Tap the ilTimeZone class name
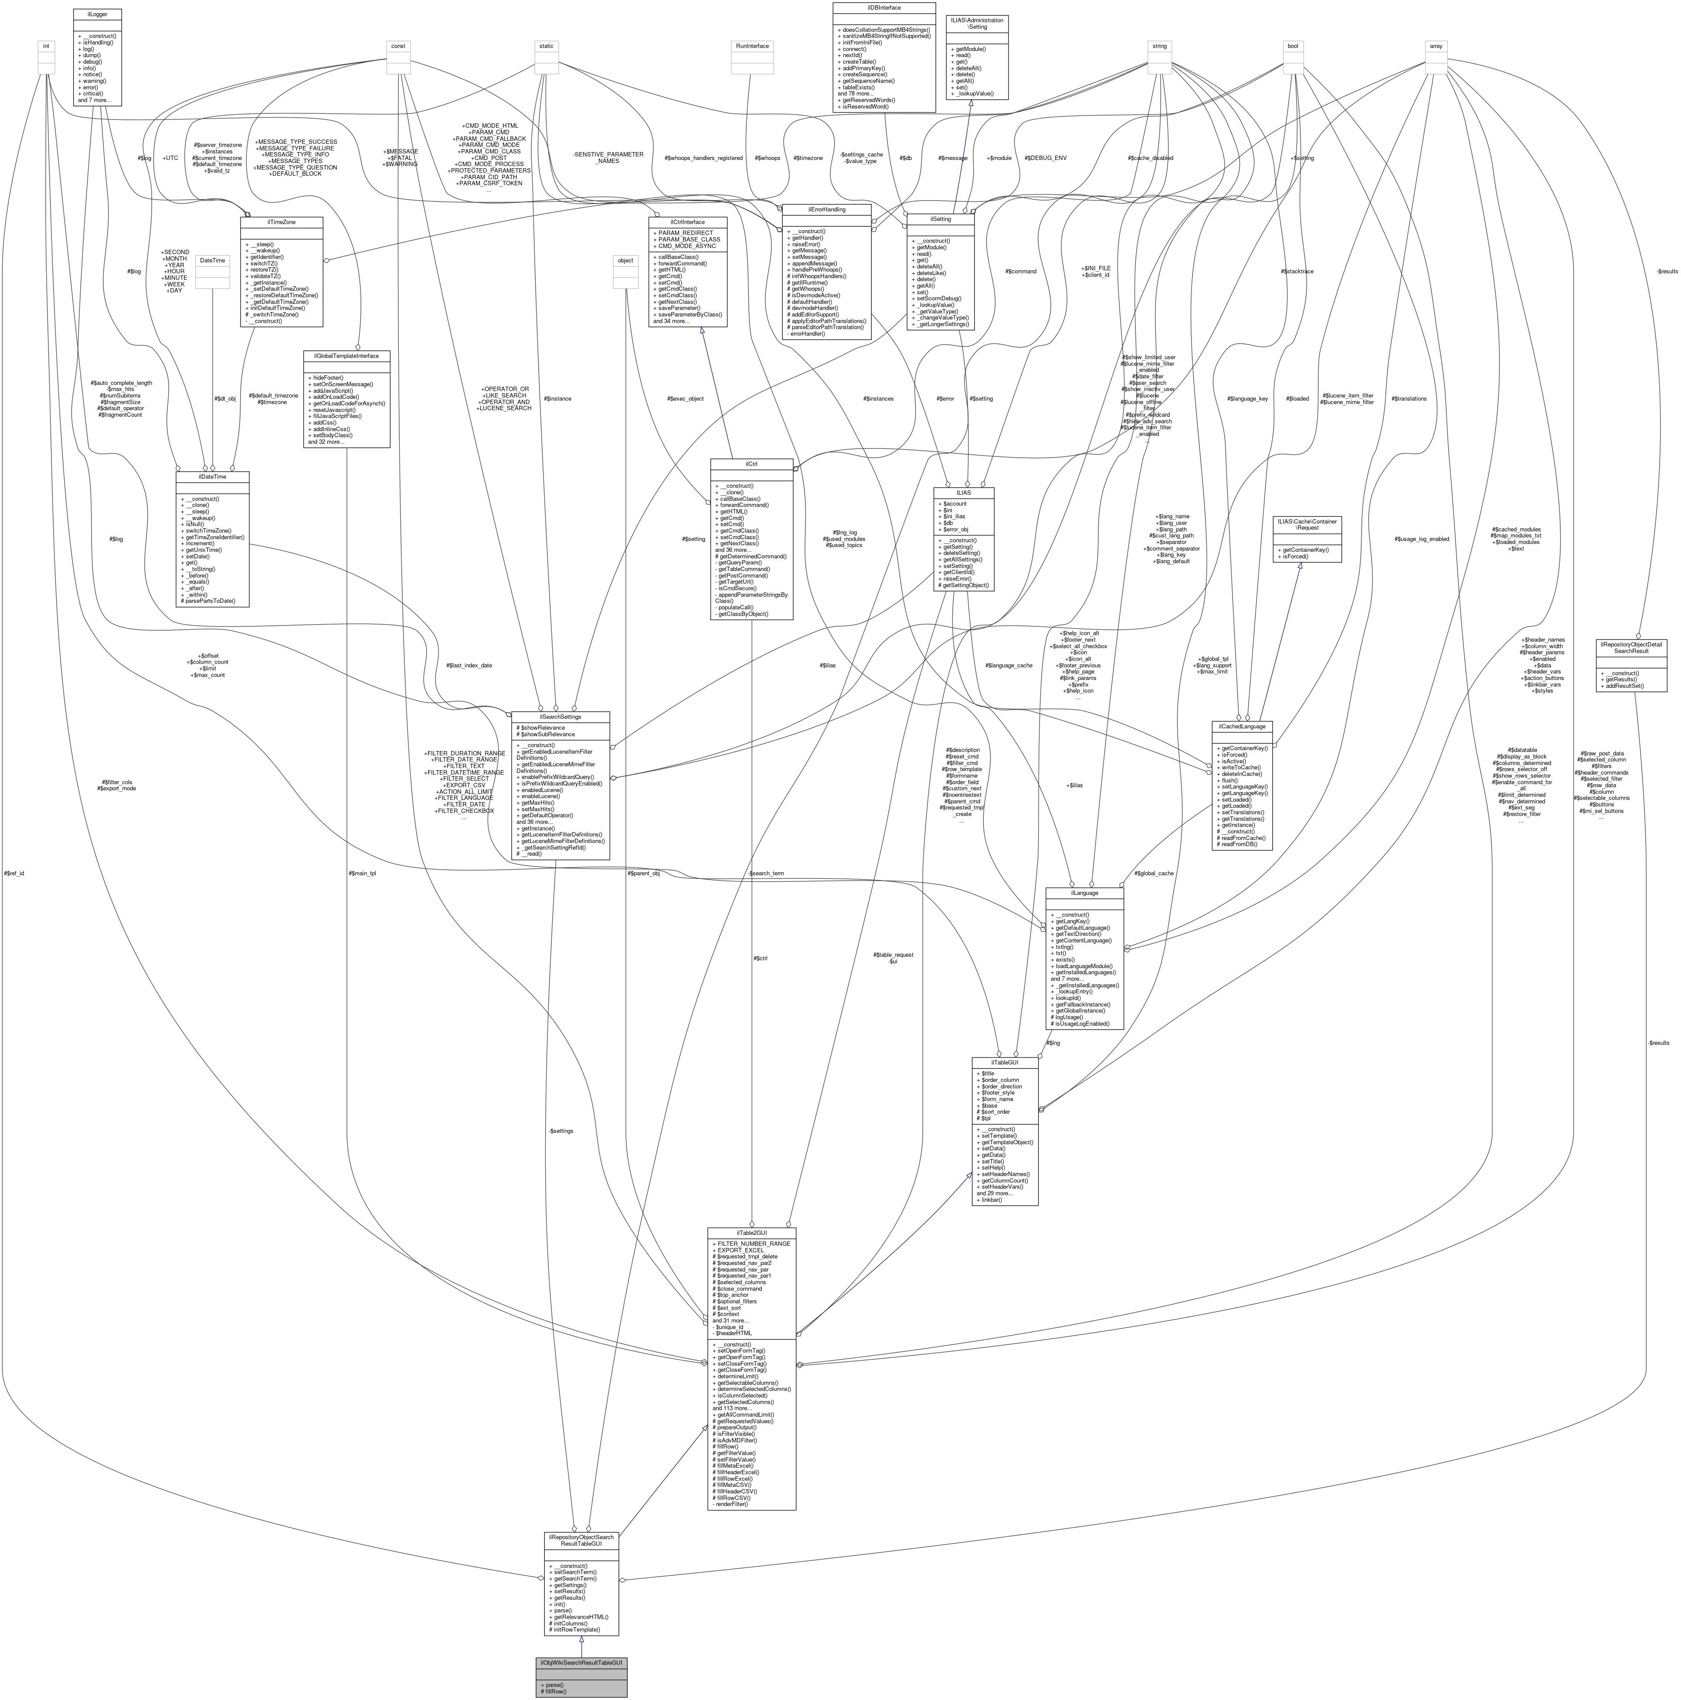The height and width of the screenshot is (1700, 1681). click(x=282, y=223)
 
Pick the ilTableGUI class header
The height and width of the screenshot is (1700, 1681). click(x=1005, y=1062)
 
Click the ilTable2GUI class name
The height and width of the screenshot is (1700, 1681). click(x=751, y=1233)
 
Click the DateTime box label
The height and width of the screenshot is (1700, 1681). click(x=212, y=261)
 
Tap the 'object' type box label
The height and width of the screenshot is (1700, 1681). click(x=625, y=261)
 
